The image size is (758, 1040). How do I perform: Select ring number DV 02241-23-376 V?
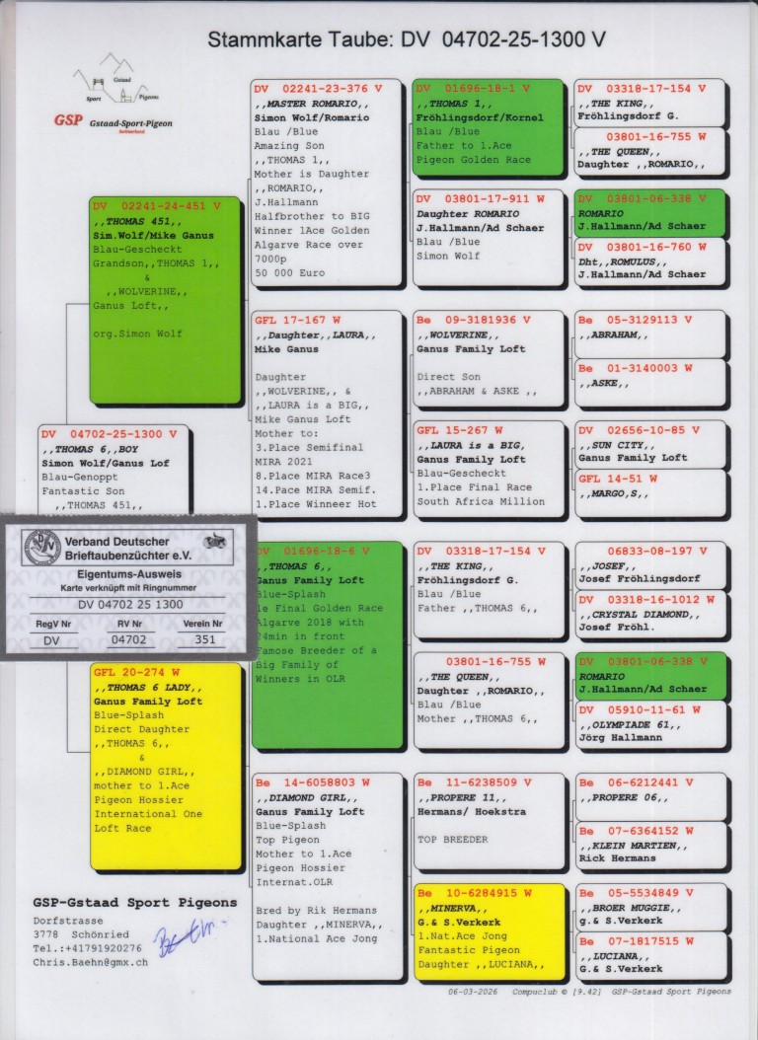pyautogui.click(x=317, y=88)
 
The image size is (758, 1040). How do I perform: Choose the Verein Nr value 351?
pyautogui.click(x=205, y=639)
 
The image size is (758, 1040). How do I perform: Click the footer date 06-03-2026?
pyautogui.click(x=473, y=992)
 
